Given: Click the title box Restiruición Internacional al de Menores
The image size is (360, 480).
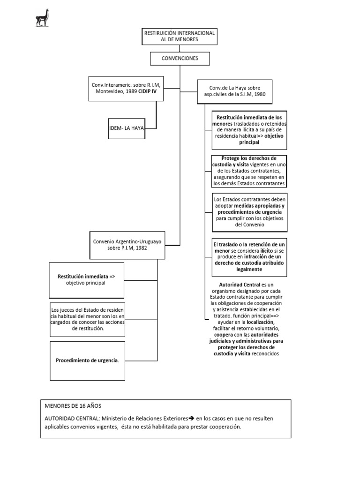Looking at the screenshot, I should point(180,36).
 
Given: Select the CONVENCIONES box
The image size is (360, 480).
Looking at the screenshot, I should point(180,59).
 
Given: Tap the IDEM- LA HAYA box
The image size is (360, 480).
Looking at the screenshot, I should point(127,127).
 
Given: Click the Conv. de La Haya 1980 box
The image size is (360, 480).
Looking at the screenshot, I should point(234,91).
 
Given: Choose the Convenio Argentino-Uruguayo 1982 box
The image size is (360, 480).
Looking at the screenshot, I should point(127,244).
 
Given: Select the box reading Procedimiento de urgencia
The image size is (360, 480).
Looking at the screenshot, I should point(87,360).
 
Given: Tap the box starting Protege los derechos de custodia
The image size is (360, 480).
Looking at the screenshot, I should point(249,171).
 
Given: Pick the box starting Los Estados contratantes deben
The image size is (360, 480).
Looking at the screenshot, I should point(249,212).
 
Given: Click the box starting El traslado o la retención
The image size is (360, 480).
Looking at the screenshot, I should point(249,257).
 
